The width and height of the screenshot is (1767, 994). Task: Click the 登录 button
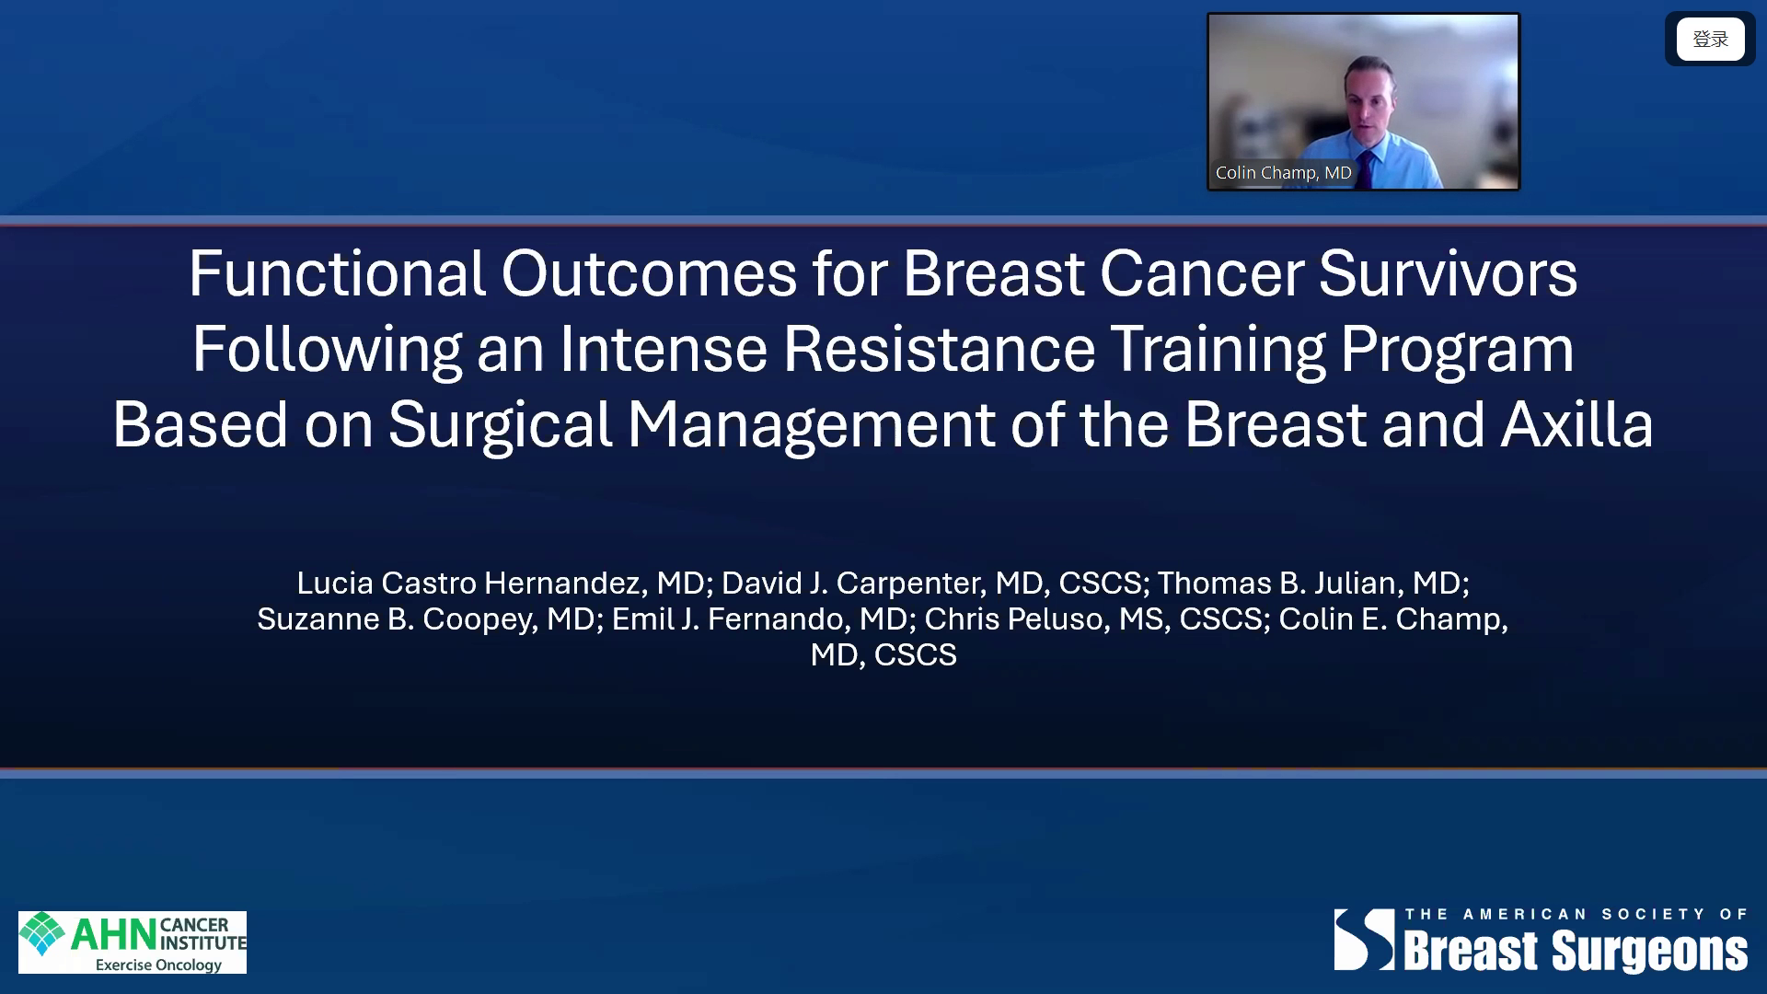[x=1710, y=39]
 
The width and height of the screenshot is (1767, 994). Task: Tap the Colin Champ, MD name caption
[x=1283, y=172]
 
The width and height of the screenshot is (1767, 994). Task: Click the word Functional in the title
[x=337, y=273]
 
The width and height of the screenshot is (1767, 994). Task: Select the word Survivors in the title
[x=1448, y=273]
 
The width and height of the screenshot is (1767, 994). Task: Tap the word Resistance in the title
[x=939, y=349]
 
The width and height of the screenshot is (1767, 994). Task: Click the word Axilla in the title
[x=1576, y=424]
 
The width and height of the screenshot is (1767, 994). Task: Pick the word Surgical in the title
[x=500, y=426]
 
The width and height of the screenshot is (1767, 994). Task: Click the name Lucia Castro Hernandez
[x=475, y=583]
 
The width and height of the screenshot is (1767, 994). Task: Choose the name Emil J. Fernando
[x=732, y=618]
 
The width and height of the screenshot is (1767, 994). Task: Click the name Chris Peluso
[x=1016, y=618]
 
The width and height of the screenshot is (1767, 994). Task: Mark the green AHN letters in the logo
[x=113, y=935]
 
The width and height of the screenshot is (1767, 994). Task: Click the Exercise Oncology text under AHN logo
[x=158, y=965]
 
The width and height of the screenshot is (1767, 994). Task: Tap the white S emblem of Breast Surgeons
[x=1365, y=940]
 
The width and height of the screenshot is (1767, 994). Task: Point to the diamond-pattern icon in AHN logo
[x=42, y=933]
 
